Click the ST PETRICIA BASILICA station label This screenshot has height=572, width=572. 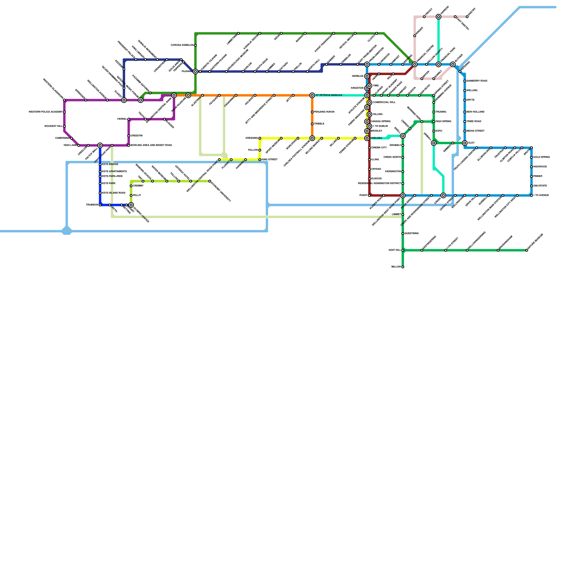click(329, 95)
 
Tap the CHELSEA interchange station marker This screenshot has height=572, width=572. click(367, 138)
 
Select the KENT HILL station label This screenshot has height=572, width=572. click(395, 250)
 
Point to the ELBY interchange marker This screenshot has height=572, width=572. click(465, 143)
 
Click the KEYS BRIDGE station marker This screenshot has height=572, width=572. click(100, 164)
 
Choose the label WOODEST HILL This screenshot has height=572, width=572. click(53, 126)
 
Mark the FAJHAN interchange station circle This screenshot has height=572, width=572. click(195, 71)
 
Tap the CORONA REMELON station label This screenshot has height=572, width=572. click(182, 45)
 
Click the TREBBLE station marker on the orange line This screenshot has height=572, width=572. click(312, 124)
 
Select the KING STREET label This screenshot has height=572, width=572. click(270, 160)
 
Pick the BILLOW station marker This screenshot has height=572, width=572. click(403, 267)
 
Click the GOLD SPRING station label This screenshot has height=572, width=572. click(541, 157)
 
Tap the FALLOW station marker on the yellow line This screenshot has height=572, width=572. click(260, 150)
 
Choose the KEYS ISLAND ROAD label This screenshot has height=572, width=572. click(114, 193)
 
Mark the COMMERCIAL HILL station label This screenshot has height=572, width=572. click(384, 103)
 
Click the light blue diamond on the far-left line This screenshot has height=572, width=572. click(67, 231)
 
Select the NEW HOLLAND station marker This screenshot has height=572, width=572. click(465, 112)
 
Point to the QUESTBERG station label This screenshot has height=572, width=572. click(411, 233)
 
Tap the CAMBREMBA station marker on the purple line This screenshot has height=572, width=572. click(71, 138)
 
